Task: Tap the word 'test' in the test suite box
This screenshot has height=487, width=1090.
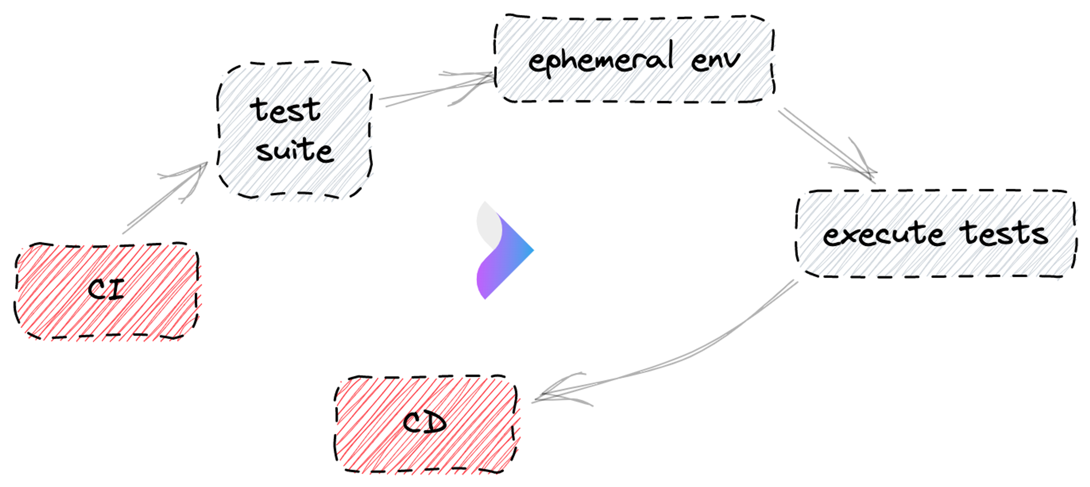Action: point(285,111)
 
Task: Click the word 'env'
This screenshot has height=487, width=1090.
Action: point(715,60)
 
